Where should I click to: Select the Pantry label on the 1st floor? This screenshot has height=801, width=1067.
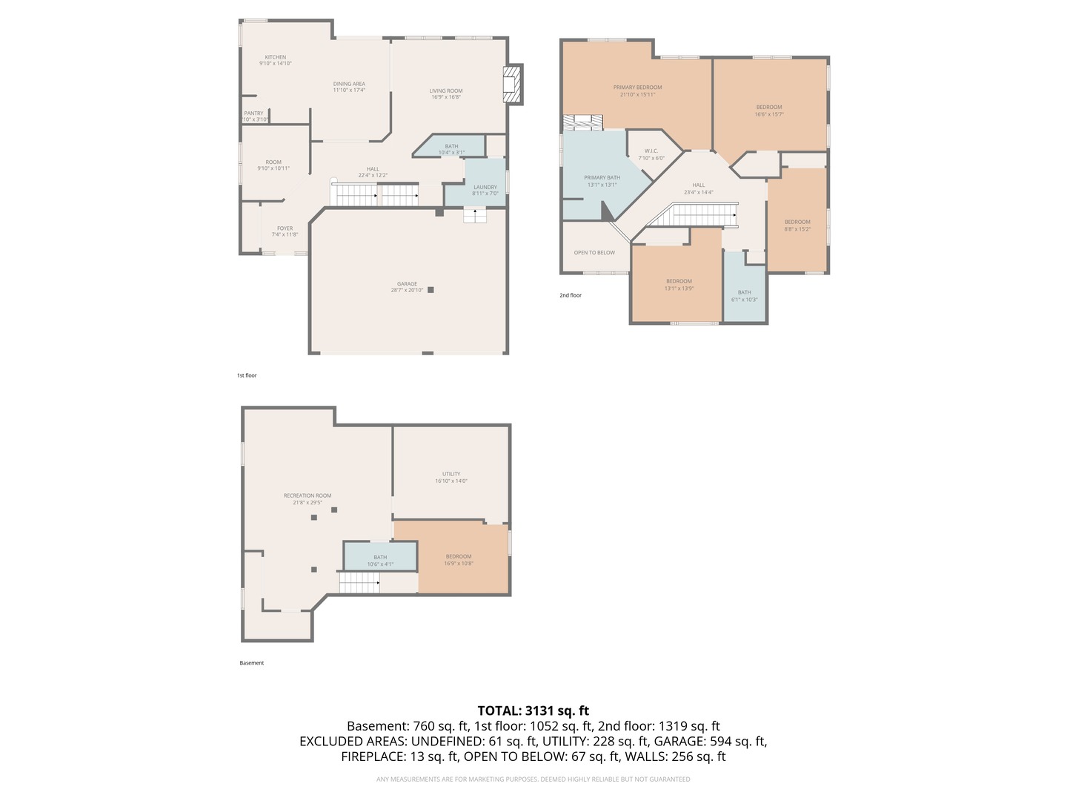click(x=253, y=113)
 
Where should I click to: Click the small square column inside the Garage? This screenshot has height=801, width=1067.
click(x=430, y=290)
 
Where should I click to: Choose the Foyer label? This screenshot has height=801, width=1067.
click(x=285, y=228)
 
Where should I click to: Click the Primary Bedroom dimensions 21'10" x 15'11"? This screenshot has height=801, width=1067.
click(x=637, y=94)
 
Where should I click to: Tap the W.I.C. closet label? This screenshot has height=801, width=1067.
click(x=651, y=151)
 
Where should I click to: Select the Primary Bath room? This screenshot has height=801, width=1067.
click(x=602, y=178)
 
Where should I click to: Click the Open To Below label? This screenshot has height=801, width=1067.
click(x=594, y=253)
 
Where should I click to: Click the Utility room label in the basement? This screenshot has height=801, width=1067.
click(x=451, y=474)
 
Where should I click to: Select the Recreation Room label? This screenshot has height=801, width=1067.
click(x=307, y=495)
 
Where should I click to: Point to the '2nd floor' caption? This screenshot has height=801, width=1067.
click(x=571, y=295)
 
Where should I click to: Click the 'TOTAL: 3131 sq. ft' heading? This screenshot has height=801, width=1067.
click(x=533, y=711)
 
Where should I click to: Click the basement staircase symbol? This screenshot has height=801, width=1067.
click(x=360, y=583)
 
